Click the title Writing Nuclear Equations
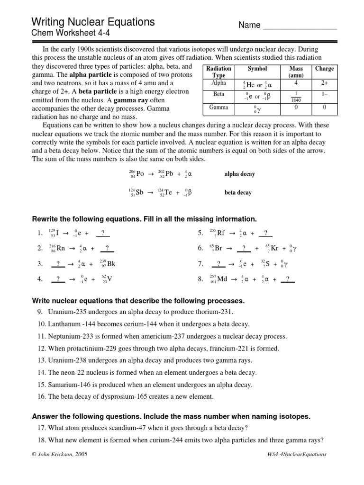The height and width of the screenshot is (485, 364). [x=93, y=22]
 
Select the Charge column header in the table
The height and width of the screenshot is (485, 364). [x=324, y=69]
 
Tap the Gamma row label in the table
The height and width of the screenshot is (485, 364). [x=218, y=108]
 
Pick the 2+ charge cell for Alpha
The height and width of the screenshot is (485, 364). [x=324, y=83]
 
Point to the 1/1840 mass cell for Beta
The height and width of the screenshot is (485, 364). [x=295, y=96]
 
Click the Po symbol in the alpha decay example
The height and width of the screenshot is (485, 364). [x=140, y=174]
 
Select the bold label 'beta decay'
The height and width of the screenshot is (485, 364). [x=238, y=193]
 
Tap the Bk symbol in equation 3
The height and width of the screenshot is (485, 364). [x=111, y=264]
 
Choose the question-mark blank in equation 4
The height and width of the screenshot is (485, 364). [x=58, y=279]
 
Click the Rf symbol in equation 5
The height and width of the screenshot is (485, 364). [x=220, y=233]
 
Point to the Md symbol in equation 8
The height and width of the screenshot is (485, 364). [x=222, y=279]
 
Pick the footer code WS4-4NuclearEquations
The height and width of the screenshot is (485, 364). [x=297, y=454]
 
